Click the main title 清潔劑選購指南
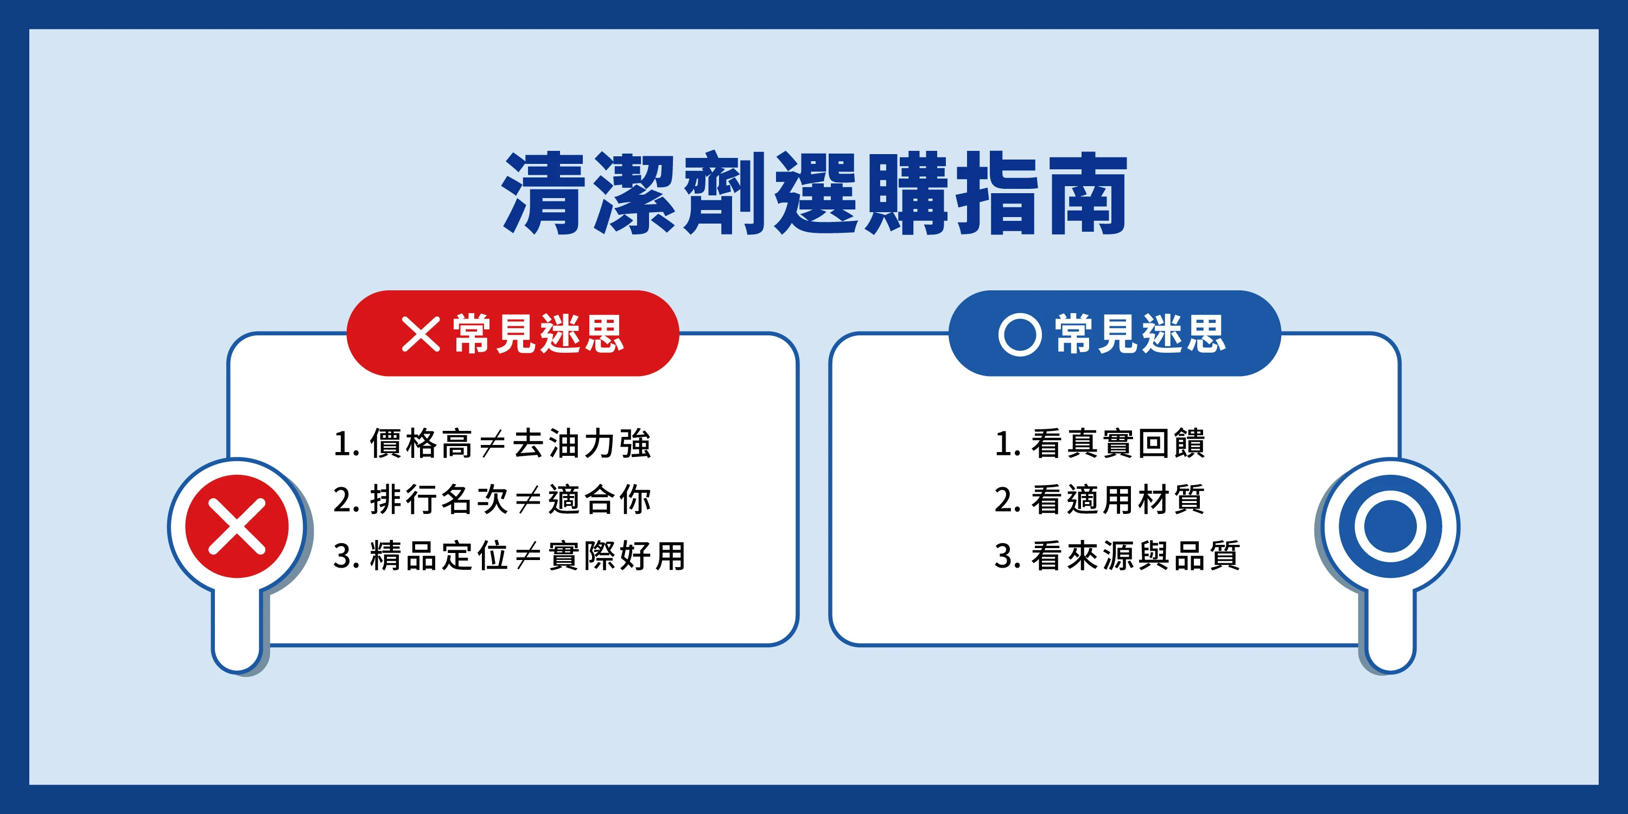[815, 193]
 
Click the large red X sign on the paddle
[237, 526]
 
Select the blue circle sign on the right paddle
[1390, 526]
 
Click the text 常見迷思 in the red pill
[538, 334]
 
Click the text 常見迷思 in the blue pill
[1140, 334]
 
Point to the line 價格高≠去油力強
[492, 443]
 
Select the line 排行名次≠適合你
[492, 499]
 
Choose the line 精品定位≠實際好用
[510, 556]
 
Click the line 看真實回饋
[1099, 443]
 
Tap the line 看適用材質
[1099, 499]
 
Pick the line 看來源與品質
[1117, 556]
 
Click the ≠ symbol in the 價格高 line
[492, 444]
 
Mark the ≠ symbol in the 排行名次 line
[529, 500]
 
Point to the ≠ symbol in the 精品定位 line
[529, 556]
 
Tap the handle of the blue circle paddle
[1390, 629]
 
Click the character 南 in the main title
[1088, 193]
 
